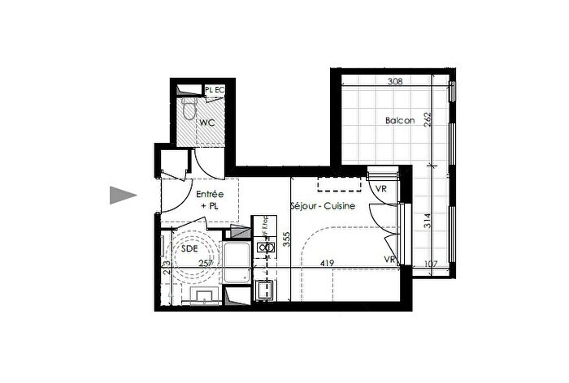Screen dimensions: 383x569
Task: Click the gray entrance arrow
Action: [x=123, y=195]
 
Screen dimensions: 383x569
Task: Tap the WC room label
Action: [x=206, y=123]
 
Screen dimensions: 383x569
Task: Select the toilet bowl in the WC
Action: [x=189, y=109]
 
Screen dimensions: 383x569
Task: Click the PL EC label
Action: [x=215, y=90]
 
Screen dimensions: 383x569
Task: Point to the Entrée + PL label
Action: [x=210, y=200]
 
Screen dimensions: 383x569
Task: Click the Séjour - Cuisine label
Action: [x=323, y=207]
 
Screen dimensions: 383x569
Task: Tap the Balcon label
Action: [x=400, y=121]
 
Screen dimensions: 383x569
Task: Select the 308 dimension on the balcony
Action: [x=395, y=81]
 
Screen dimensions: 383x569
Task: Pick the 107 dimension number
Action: [x=431, y=263]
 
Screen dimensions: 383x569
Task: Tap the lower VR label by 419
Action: [x=389, y=259]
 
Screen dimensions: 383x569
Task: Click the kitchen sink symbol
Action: [x=264, y=247]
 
